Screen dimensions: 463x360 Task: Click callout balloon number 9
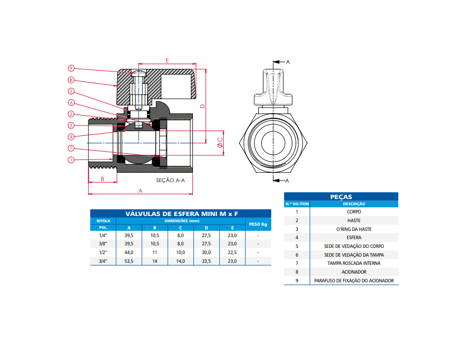(x=71, y=68)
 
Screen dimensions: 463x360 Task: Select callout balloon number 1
(x=71, y=159)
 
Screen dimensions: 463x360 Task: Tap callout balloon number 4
(x=71, y=137)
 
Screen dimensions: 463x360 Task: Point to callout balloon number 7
(x=71, y=148)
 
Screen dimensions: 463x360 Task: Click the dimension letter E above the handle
(x=167, y=61)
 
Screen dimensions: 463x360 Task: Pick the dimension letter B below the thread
(x=102, y=179)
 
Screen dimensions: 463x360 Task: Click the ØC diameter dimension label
(x=220, y=143)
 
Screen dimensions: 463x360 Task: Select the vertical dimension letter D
(x=202, y=106)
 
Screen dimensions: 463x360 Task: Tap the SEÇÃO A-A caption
(x=170, y=180)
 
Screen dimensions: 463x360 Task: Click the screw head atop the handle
(x=139, y=73)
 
